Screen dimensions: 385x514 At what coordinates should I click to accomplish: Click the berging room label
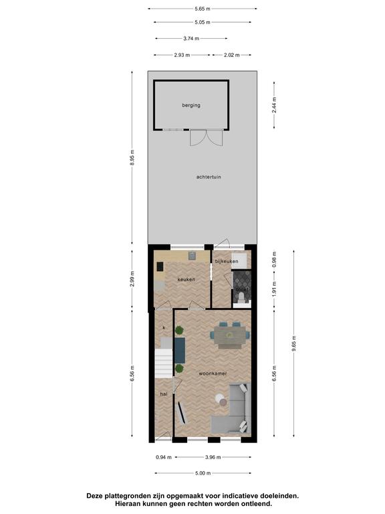tap(191, 105)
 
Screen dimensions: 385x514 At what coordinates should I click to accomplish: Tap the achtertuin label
tap(209, 177)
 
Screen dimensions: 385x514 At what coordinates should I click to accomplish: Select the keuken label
tap(186, 280)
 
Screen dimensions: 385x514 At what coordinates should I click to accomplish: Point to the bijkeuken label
tap(227, 261)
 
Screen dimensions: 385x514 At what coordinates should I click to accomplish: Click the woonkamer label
tap(213, 373)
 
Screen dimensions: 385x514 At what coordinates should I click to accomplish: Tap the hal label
tap(164, 394)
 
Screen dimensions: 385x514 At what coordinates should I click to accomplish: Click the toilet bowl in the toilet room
tap(241, 296)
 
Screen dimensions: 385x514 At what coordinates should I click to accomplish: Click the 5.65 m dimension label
tap(203, 9)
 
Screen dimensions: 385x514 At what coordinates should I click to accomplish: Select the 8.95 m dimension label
tap(132, 158)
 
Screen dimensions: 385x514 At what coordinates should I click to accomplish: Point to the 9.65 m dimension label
tap(293, 343)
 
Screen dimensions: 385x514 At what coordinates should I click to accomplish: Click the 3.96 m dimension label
tap(213, 457)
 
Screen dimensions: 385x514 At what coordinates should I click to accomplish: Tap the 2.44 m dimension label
tap(274, 105)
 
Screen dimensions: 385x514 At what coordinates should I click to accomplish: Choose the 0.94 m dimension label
tap(164, 457)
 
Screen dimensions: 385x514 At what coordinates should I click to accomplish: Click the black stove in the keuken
tap(160, 266)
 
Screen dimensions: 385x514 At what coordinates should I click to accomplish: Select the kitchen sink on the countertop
tap(192, 256)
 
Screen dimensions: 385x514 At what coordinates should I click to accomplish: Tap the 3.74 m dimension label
tap(191, 39)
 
